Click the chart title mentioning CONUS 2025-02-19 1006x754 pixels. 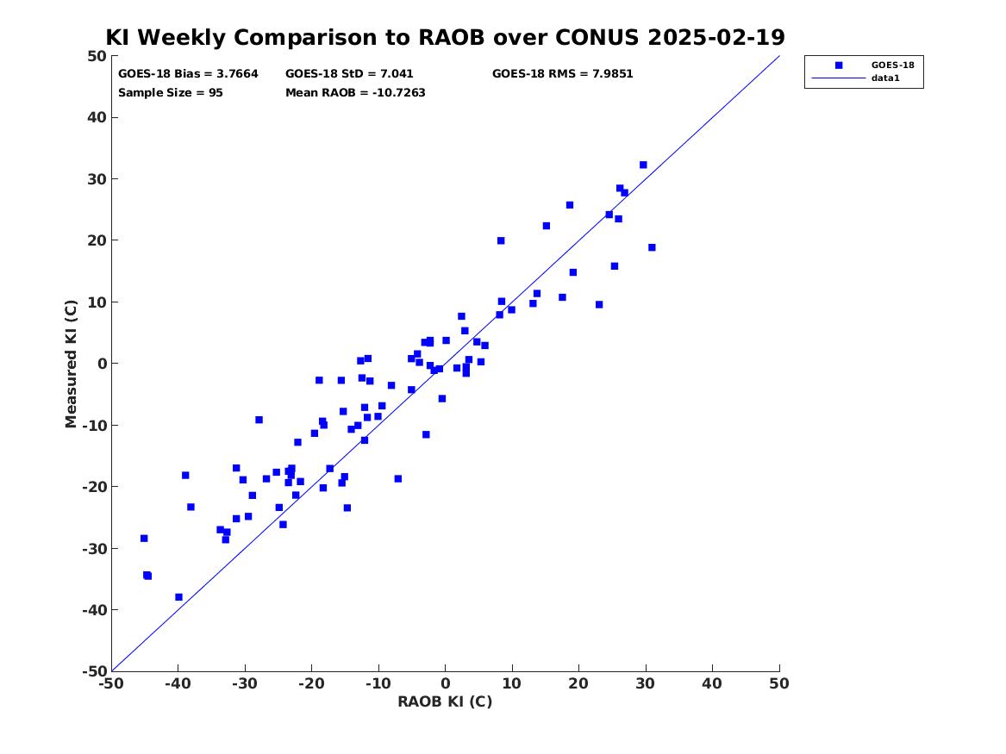[x=445, y=37]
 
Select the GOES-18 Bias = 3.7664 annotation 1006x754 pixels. [x=188, y=74]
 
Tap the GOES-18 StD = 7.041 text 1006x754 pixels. [x=349, y=74]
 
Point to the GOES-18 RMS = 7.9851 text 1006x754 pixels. [x=562, y=74]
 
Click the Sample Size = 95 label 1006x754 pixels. [x=170, y=93]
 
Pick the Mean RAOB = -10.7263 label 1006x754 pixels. [x=355, y=93]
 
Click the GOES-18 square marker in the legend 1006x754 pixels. [x=839, y=65]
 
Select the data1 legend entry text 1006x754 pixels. [x=885, y=78]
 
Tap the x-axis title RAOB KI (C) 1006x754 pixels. [x=445, y=701]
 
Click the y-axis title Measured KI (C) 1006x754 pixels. [x=71, y=364]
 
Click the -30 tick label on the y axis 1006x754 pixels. [x=94, y=548]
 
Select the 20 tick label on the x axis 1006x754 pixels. [x=578, y=683]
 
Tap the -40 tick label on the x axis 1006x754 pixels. [x=178, y=683]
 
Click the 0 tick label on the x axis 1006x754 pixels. [x=445, y=683]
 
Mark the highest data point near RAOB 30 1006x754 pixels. [x=643, y=165]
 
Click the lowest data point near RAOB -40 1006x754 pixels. [x=178, y=597]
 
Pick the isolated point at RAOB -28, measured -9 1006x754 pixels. [x=259, y=420]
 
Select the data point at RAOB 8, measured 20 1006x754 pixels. [x=501, y=240]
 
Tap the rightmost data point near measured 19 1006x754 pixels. [x=652, y=246]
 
